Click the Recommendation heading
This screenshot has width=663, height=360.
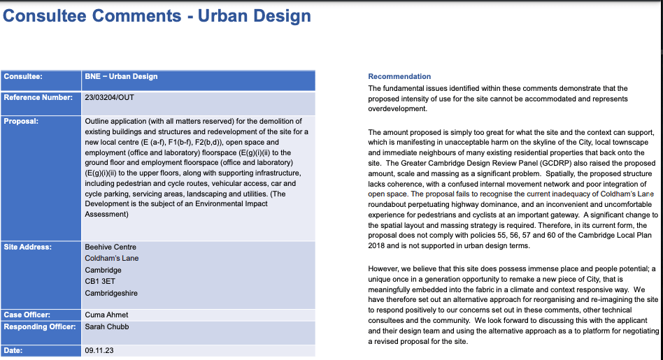399,76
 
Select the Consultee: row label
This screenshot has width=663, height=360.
23,76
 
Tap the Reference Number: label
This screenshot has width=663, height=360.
38,97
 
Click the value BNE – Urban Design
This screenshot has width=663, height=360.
121,76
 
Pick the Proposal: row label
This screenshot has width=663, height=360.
21,120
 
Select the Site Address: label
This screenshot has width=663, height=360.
28,247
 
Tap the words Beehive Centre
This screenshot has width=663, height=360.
110,247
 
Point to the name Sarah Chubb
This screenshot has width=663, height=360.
107,326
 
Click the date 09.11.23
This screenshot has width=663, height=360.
99,349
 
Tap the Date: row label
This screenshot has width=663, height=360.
13,349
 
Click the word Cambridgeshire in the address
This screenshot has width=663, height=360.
111,293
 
